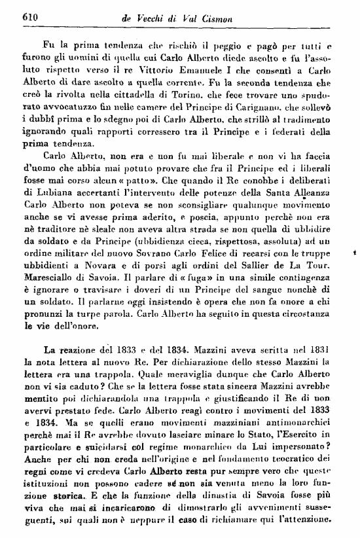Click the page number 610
(14, 18)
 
